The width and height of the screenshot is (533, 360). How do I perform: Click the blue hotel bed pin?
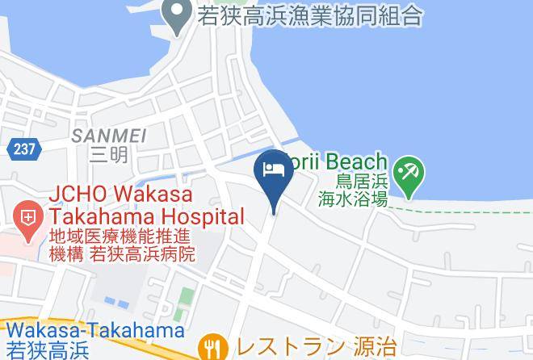tap(273, 172)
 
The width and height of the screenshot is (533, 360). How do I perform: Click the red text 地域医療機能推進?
tap(119, 237)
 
